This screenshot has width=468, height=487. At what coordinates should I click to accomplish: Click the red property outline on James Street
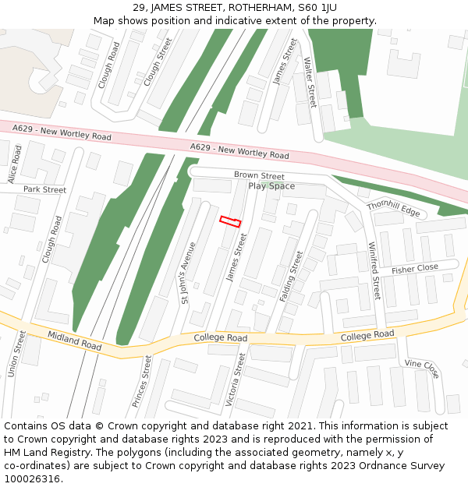(230, 222)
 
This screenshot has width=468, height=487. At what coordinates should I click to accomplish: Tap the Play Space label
(271, 186)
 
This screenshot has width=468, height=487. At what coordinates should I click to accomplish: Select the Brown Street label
(259, 176)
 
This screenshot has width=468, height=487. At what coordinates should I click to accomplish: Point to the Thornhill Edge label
(393, 209)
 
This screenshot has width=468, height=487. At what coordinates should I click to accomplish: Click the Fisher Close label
(415, 269)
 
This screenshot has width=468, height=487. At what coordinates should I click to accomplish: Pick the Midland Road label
(74, 340)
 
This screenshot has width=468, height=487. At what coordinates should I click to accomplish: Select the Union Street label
(16, 354)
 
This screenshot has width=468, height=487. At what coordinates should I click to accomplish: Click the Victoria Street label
(235, 379)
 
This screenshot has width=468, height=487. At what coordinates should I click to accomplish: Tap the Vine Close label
(422, 369)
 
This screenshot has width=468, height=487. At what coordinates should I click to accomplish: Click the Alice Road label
(15, 164)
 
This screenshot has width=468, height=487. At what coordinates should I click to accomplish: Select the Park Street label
(44, 189)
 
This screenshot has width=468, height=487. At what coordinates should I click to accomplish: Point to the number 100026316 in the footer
(32, 478)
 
